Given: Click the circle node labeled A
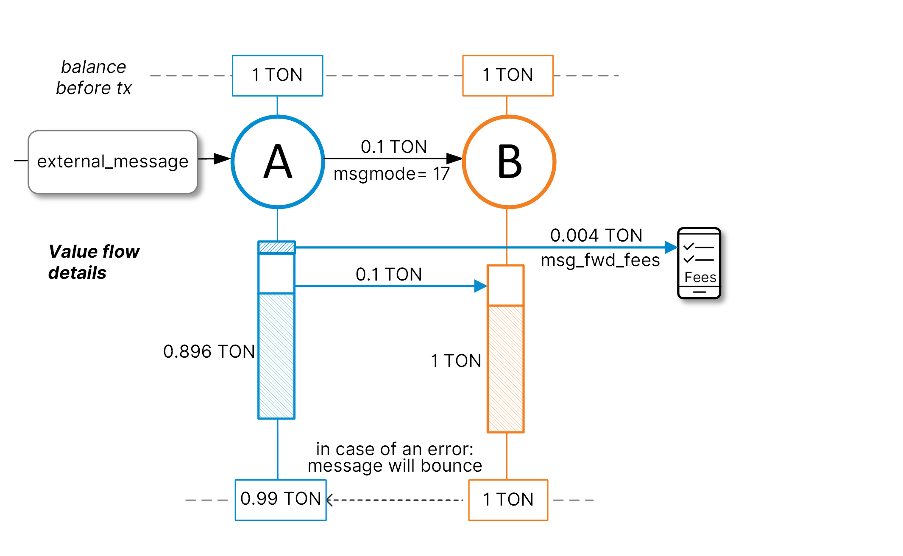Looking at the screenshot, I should coord(278,162).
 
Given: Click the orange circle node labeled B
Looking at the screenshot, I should coord(509,162).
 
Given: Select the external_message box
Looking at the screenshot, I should coord(113,162).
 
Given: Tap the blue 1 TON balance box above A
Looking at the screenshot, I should coord(277,75).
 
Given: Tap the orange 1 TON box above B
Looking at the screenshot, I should coord(507,75).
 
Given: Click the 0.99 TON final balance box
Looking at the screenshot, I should coord(281,500).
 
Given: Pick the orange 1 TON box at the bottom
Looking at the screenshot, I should coord(508,500).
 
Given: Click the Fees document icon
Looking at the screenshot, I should coord(699,263).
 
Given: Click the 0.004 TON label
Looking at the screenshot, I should coord(596,235).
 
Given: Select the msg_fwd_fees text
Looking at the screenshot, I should coord(600,260).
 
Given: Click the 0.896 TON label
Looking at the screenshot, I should coord(209,351).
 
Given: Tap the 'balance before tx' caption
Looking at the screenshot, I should coord(94,78).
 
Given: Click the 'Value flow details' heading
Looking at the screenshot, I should coord(94,262).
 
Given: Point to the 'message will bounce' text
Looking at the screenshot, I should coord(395,466).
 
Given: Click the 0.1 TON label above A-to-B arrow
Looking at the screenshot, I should coord(394,147).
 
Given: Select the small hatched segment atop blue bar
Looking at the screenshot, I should coord(276,247).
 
